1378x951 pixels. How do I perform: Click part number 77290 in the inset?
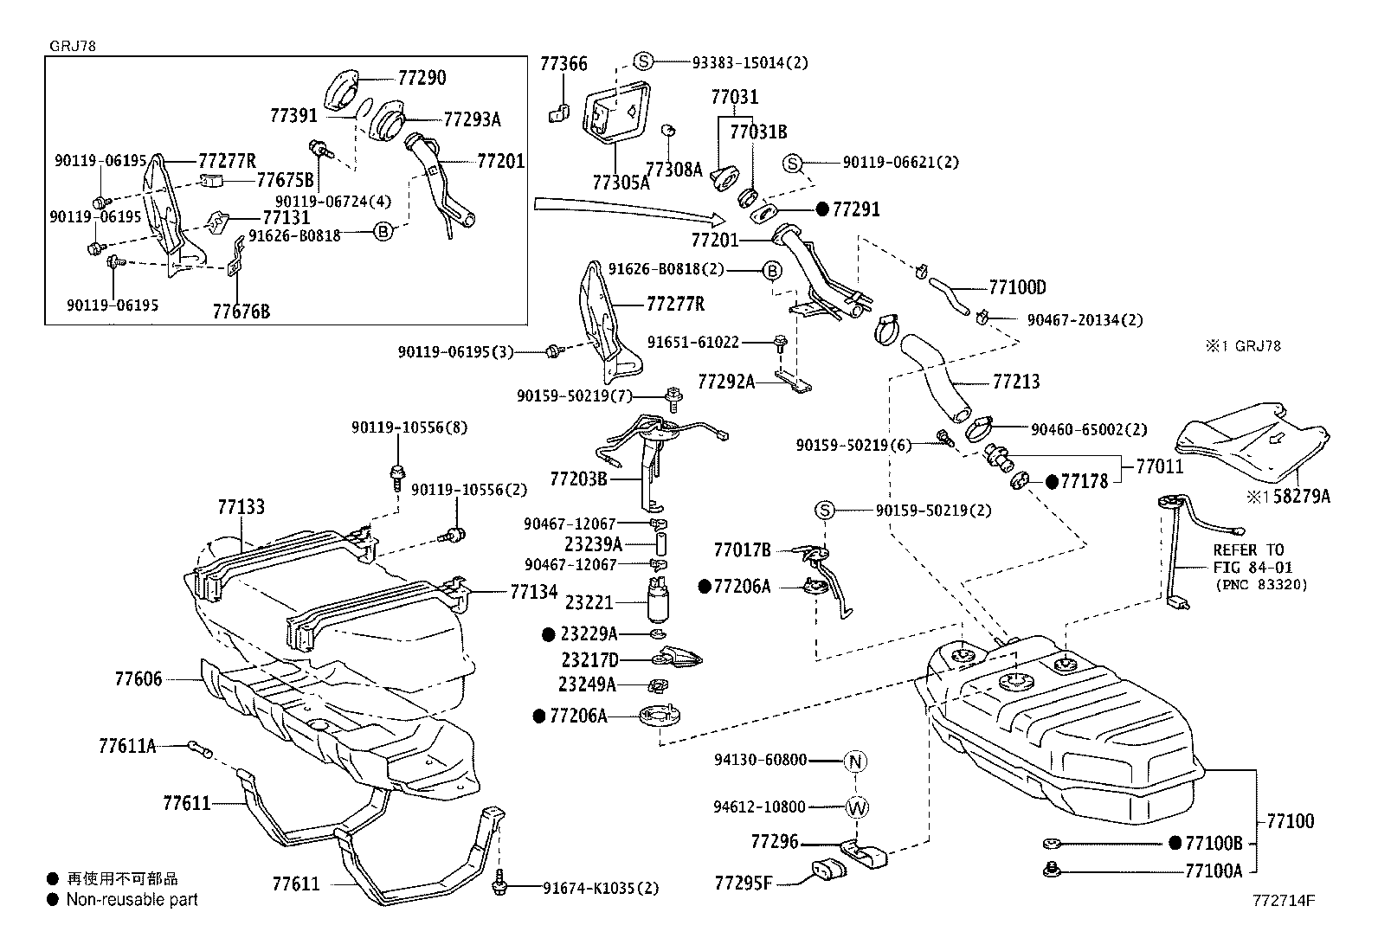click(x=422, y=78)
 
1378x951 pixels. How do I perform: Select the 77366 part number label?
click(x=563, y=64)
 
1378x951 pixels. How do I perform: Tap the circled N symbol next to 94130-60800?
click(x=855, y=761)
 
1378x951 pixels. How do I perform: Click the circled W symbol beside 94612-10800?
click(x=856, y=807)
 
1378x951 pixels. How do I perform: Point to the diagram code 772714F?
click(x=1283, y=900)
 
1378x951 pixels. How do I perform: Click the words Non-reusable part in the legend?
click(x=132, y=900)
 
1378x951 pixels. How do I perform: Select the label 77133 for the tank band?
click(x=241, y=507)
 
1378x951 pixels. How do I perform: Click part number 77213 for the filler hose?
click(x=1016, y=382)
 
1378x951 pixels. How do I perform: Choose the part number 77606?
click(x=138, y=680)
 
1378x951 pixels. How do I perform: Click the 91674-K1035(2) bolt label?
click(x=601, y=887)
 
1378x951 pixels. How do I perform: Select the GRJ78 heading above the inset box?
click(x=73, y=47)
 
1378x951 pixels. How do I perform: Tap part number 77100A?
click(x=1213, y=871)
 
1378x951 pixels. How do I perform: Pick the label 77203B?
click(x=578, y=479)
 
